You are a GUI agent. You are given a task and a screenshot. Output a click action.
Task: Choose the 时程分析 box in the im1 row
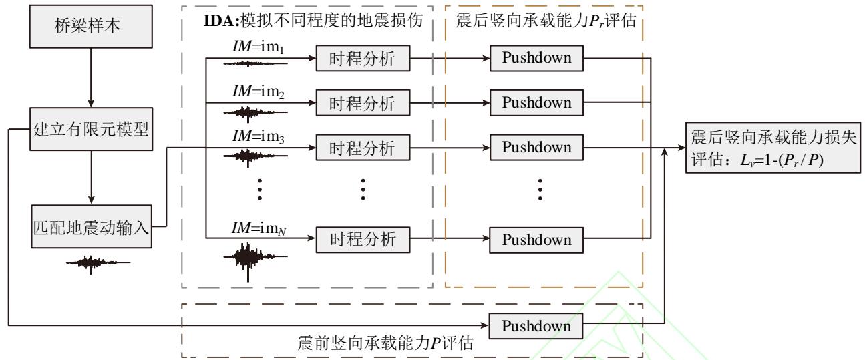coord(363,59)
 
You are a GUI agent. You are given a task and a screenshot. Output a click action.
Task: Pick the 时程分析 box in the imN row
coord(363,240)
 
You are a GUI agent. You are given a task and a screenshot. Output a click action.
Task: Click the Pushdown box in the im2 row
coord(536,103)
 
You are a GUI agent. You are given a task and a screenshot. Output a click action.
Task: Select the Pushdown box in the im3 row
coord(536,147)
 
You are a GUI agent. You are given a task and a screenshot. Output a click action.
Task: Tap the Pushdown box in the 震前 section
coord(536,327)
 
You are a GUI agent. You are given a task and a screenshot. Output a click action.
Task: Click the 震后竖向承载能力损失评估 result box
coord(774,152)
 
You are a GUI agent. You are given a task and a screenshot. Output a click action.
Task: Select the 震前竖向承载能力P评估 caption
coord(385,345)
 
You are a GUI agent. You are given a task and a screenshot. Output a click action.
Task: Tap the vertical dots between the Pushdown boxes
coord(540,190)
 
